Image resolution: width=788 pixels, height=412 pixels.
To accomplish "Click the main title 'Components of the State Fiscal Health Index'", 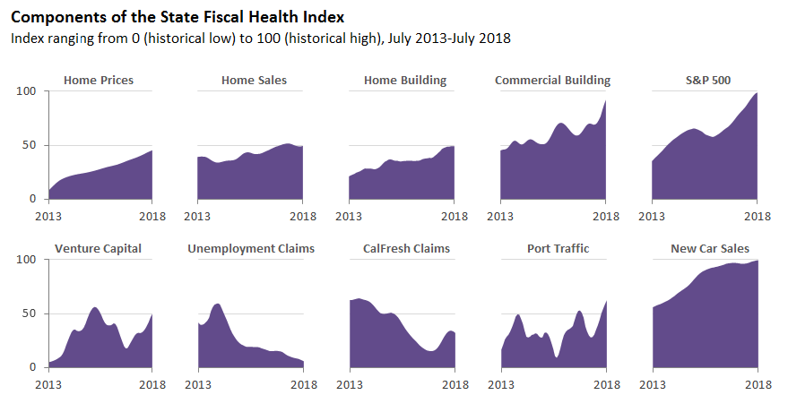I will [177, 17].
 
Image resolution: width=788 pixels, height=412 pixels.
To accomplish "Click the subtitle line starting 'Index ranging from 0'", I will [261, 39].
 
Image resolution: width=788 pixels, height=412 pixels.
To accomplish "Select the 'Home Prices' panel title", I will [99, 81].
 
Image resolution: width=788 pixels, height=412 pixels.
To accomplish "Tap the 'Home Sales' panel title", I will [254, 81].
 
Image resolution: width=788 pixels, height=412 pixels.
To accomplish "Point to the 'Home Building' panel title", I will [405, 81].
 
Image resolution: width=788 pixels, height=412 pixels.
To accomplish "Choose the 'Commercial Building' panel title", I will [552, 81].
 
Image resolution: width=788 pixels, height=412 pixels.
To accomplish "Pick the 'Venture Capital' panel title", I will [98, 248].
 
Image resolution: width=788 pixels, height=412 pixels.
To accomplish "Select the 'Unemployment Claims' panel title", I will [251, 248].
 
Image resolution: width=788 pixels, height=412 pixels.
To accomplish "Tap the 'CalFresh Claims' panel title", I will [406, 248].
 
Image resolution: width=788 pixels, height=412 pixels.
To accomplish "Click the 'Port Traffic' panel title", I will [558, 248].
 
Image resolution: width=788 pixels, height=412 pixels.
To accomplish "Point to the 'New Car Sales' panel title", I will [710, 248].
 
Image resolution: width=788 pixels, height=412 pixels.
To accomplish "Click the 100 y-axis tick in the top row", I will [27, 91].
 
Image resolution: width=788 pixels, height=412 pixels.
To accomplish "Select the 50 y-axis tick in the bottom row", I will [30, 313].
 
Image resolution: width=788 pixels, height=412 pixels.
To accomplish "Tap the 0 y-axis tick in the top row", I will [33, 199].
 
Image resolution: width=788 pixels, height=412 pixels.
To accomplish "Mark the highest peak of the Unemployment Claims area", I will [217, 305].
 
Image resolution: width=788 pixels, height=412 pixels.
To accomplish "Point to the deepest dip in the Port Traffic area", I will [557, 357].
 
